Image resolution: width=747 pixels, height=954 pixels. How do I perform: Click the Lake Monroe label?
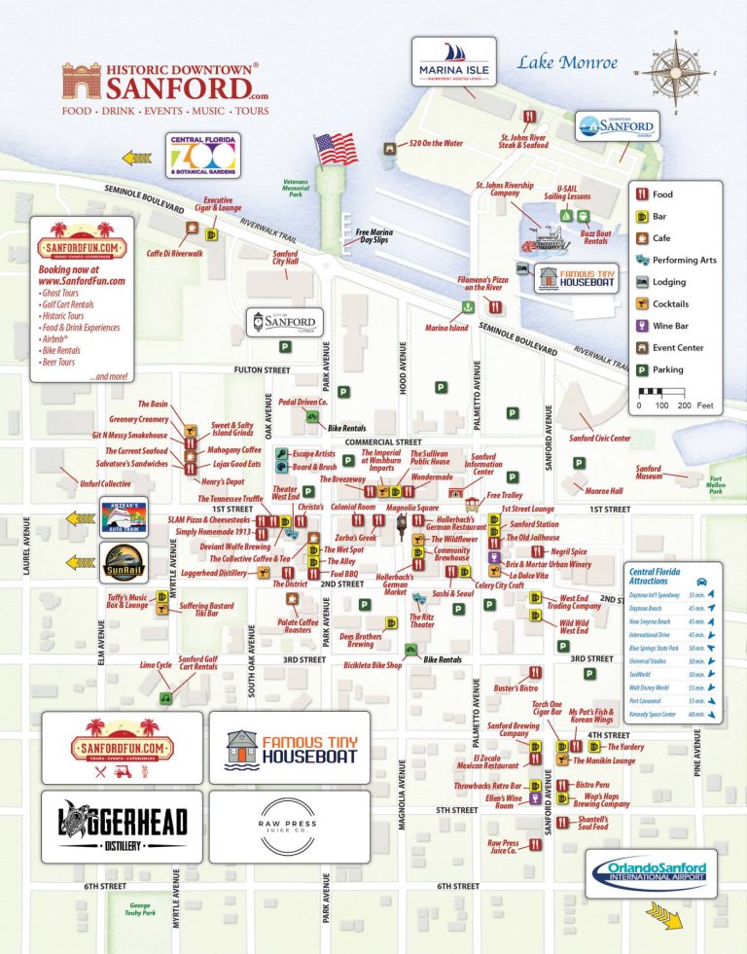click(x=567, y=63)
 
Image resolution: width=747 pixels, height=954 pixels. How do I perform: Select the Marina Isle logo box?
click(x=453, y=62)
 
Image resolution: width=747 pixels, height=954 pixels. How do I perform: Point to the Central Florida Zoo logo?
click(x=202, y=156)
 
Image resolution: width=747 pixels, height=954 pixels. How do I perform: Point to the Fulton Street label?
click(x=263, y=371)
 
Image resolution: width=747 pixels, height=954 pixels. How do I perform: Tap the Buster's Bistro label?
click(x=515, y=689)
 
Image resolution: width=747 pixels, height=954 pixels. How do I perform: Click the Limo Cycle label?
click(x=156, y=665)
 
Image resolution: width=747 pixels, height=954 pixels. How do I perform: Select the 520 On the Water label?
click(x=435, y=144)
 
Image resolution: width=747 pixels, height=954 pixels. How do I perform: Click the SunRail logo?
click(x=124, y=562)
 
